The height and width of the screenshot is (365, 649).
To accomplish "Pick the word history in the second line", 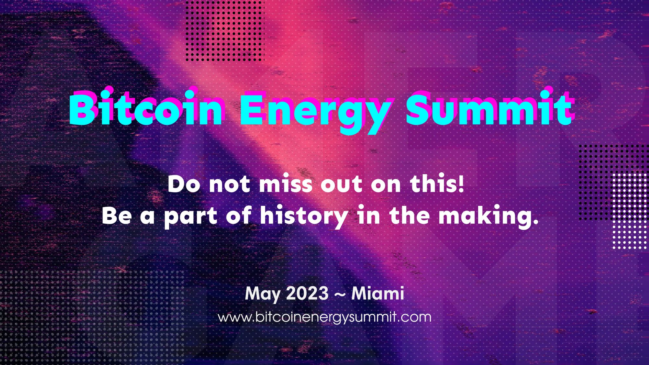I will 303,216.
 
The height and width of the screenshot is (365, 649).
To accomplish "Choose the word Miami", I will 378,294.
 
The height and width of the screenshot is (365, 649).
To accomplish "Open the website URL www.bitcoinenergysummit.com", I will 324,317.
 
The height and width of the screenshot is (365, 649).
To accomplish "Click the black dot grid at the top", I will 225,31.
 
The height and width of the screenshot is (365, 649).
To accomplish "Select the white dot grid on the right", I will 630,211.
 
